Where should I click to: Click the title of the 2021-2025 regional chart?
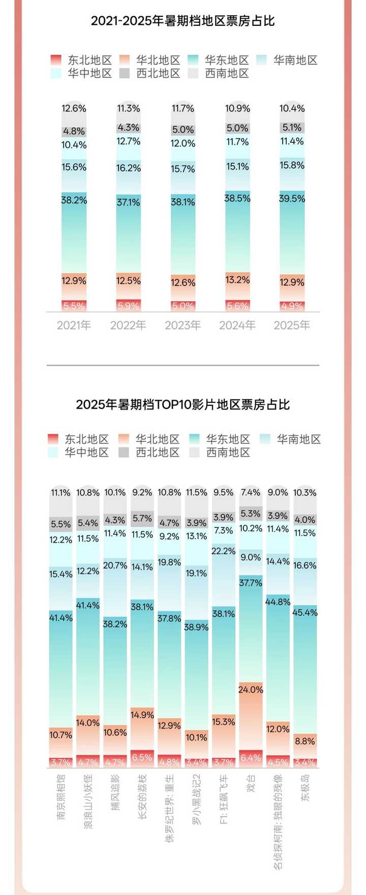click(x=183, y=21)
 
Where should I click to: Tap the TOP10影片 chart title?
click(x=183, y=404)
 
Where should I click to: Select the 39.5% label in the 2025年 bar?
click(x=292, y=199)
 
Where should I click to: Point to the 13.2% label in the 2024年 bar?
click(x=237, y=280)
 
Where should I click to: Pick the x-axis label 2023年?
click(x=183, y=325)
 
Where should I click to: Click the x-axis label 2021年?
click(x=74, y=325)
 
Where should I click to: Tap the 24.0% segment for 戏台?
click(x=251, y=690)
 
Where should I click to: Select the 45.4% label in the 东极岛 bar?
click(x=305, y=612)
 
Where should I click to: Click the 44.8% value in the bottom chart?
click(x=278, y=602)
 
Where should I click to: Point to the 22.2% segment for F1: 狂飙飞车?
click(x=224, y=551)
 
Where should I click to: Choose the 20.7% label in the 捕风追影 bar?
click(x=115, y=565)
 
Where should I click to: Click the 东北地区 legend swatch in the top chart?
click(x=55, y=61)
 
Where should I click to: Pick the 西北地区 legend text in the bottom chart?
click(x=158, y=453)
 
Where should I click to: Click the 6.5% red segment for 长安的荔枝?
click(x=142, y=757)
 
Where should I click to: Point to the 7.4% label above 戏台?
click(x=251, y=492)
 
